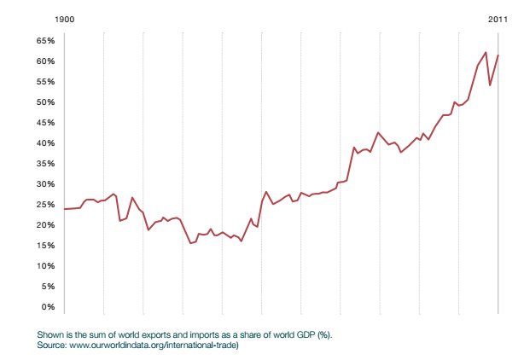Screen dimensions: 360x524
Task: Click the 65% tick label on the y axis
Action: click(x=46, y=40)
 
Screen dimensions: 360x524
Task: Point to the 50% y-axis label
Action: click(x=46, y=102)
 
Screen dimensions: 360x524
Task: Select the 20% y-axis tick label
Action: click(x=46, y=224)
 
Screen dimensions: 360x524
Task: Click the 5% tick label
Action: click(x=49, y=286)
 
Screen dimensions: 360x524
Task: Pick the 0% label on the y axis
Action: click(x=49, y=306)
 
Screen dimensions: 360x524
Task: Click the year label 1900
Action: click(x=64, y=19)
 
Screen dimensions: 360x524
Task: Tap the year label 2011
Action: click(x=498, y=19)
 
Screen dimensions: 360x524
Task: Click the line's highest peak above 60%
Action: click(x=486, y=52)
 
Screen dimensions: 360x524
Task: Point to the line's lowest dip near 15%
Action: click(x=191, y=243)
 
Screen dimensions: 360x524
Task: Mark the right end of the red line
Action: click(x=498, y=55)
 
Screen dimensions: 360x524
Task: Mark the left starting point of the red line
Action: click(x=64, y=209)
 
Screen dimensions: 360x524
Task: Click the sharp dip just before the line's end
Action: click(x=490, y=85)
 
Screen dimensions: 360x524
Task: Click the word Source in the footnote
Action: click(x=51, y=345)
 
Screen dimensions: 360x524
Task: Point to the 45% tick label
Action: click(x=46, y=122)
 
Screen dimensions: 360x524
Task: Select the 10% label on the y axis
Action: click(x=46, y=265)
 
